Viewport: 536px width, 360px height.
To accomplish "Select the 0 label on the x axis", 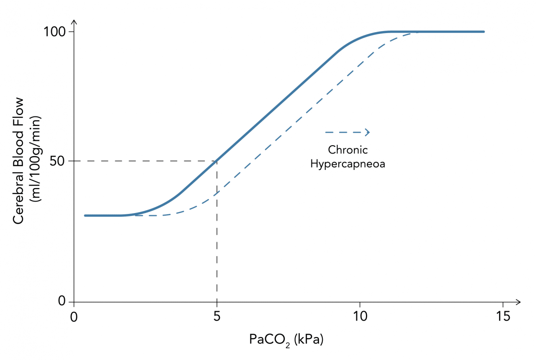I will [x=74, y=316].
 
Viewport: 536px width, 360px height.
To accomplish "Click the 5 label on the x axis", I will [x=216, y=316].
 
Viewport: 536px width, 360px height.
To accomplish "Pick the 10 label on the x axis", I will [x=359, y=316].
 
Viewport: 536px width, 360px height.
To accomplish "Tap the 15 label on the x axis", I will [x=502, y=316].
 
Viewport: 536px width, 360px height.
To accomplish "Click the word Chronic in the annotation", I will [x=348, y=150].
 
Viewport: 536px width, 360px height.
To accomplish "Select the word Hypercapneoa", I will [x=348, y=164].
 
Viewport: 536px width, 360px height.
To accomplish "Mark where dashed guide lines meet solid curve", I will [x=216, y=161].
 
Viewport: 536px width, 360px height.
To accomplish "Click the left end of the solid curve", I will [x=85, y=215].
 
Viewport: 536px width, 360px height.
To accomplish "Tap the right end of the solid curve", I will [x=483, y=32].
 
